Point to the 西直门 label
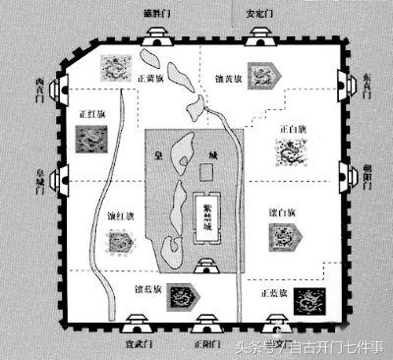click(x=38, y=86)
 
